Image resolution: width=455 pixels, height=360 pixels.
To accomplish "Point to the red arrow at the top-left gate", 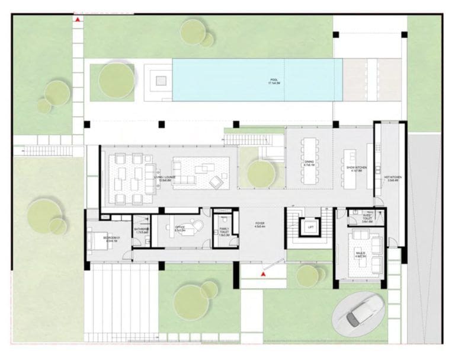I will pos(78,20).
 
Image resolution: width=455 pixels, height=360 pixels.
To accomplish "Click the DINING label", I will pos(309,163).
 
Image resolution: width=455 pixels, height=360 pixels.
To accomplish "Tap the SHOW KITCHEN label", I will pos(357,168).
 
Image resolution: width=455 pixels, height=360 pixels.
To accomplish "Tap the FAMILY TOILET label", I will pos(224,231).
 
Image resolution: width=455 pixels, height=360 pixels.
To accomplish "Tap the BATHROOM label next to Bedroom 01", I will pos(140,231).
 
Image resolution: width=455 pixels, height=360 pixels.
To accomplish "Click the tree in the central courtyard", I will pos(261,174).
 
